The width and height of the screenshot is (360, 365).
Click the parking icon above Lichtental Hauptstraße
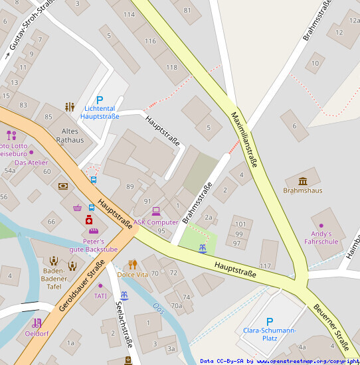(x=100, y=100)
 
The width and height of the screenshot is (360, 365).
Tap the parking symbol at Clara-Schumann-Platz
(x=270, y=322)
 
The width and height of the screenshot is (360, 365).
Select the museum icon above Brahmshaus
(x=303, y=181)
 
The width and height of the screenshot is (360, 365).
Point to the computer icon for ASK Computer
(x=156, y=211)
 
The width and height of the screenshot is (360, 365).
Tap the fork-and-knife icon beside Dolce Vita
(x=132, y=264)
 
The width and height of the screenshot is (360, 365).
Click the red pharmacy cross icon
(x=88, y=220)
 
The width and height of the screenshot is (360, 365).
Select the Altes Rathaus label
(x=69, y=135)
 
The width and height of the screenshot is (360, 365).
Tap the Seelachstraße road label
(x=125, y=321)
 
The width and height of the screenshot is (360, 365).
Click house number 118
(x=171, y=67)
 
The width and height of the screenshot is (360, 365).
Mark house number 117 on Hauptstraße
(x=266, y=265)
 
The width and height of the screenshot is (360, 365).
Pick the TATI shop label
(x=100, y=295)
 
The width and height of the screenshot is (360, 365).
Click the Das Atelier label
(x=31, y=163)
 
